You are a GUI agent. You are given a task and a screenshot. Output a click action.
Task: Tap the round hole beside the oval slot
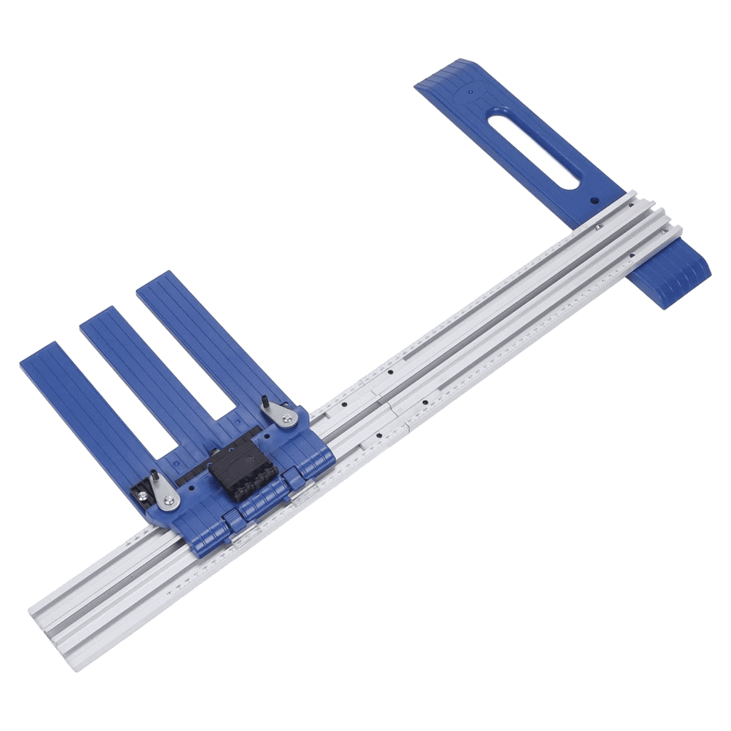point(592,199)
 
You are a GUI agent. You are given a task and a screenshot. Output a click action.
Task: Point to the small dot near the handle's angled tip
point(471,91)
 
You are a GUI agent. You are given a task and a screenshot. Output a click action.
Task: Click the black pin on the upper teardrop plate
point(265,402)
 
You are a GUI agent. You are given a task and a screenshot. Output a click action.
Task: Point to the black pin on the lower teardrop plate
point(154,476)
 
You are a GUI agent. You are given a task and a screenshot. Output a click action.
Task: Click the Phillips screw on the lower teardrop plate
point(169,501)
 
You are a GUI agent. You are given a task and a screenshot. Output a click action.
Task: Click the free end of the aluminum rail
point(61,634)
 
